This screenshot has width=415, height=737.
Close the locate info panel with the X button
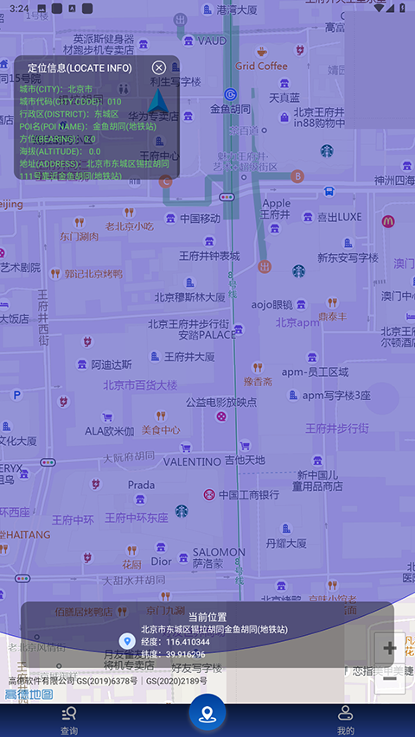point(159,67)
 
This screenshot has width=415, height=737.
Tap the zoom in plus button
point(390,648)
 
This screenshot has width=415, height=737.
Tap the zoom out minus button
point(390,678)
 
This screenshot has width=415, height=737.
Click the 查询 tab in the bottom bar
point(69,719)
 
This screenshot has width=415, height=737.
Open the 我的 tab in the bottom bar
point(346,719)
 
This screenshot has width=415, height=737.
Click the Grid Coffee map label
point(261,66)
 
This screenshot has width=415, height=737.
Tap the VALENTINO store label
point(192,461)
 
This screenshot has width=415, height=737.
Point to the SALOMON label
point(219,552)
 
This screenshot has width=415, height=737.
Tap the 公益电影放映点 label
point(221,402)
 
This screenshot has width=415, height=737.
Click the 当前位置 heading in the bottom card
point(207,617)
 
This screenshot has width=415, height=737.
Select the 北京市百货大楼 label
point(140,384)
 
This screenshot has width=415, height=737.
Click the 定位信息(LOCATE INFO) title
point(80,67)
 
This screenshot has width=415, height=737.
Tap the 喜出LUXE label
point(339,217)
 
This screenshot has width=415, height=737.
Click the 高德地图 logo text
point(29,694)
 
